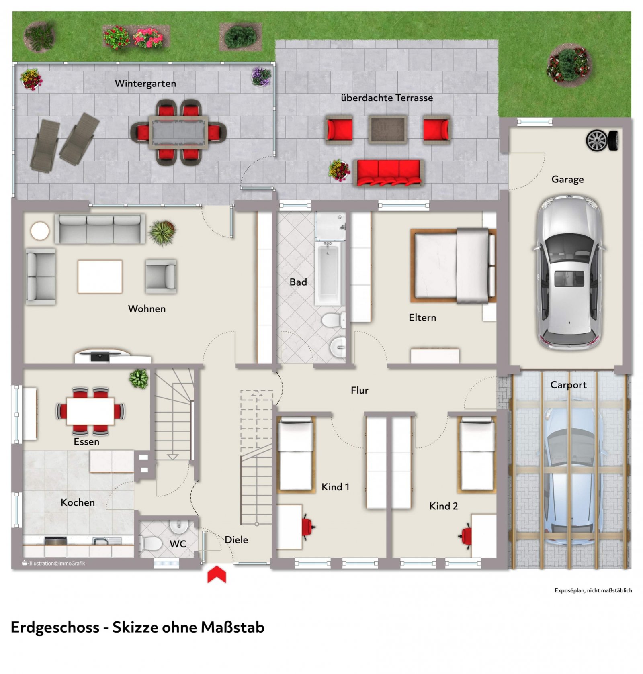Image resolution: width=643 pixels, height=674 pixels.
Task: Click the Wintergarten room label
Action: point(145,84)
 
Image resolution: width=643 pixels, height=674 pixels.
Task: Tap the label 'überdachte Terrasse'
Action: point(387,98)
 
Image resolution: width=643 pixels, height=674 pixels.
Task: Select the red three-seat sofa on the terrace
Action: point(389,172)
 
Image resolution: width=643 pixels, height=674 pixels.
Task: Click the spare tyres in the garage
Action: point(602,141)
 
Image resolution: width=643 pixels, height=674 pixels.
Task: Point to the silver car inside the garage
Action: point(569,272)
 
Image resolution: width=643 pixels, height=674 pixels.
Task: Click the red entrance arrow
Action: point(217,574)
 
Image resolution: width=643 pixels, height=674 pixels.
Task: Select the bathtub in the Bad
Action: point(329,273)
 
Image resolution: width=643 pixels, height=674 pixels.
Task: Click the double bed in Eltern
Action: point(453,266)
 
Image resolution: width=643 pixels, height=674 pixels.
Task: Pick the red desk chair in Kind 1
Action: point(308,527)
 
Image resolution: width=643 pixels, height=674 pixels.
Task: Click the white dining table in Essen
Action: point(90,411)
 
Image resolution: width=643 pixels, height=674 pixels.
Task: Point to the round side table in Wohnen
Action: point(40,231)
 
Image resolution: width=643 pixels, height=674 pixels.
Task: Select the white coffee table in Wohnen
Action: point(100,276)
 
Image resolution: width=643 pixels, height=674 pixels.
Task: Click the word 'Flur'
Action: point(359,390)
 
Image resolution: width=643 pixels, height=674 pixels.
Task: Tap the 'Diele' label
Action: point(236,540)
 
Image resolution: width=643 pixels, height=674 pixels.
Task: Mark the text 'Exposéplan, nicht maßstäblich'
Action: point(593,590)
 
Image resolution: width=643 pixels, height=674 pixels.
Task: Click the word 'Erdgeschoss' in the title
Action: point(55,627)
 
